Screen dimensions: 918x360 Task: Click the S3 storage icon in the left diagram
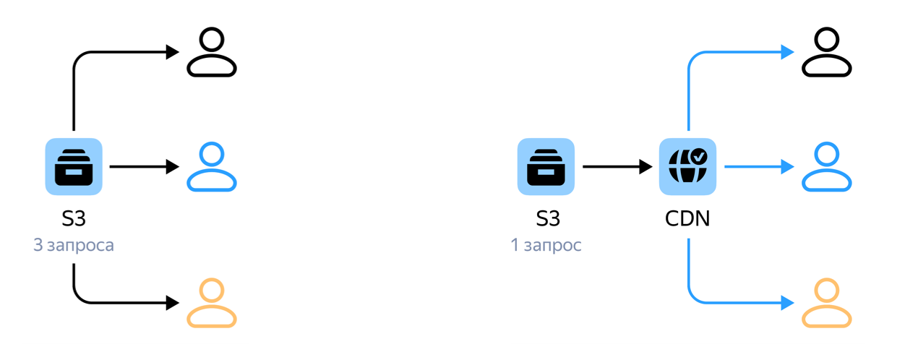coord(74,166)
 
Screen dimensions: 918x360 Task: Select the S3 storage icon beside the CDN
coord(546,166)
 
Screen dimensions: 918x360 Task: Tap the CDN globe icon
coord(687,166)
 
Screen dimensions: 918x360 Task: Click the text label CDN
coord(687,218)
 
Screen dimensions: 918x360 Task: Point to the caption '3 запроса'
coord(74,245)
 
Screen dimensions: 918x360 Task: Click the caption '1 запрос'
coord(546,245)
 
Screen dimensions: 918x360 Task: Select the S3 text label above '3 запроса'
coord(74,218)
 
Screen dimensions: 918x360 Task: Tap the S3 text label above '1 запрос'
coord(548,218)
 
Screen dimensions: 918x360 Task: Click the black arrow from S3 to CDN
coord(617,167)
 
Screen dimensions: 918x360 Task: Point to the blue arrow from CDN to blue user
coord(760,167)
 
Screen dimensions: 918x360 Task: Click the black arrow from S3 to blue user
coord(145,167)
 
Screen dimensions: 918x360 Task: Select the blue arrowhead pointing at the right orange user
coord(788,303)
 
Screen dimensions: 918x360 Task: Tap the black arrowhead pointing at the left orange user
coord(173,303)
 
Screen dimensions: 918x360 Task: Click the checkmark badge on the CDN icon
coord(699,156)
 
